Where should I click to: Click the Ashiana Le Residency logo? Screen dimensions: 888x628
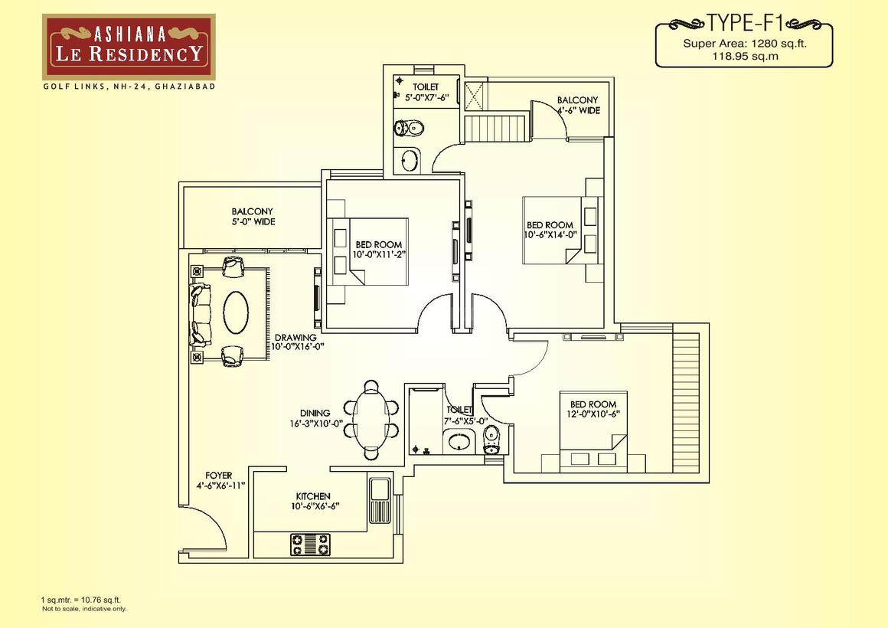pos(129,47)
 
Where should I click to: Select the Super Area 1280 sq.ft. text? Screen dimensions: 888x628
pos(745,44)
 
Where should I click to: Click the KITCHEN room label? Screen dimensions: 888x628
pos(313,496)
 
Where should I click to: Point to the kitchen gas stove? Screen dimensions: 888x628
pos(310,545)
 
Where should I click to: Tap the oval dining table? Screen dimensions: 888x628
pos(371,420)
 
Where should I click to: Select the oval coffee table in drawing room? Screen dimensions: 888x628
pos(236,313)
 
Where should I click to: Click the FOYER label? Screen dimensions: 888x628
pos(219,476)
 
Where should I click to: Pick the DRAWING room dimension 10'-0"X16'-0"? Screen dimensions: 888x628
pos(297,347)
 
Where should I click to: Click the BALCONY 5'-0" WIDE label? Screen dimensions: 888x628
pos(253,217)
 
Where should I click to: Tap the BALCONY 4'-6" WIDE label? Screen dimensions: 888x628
pos(578,106)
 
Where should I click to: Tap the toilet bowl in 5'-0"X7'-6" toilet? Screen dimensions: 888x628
pos(408,128)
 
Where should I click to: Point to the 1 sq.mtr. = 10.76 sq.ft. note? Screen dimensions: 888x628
pos(80,600)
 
